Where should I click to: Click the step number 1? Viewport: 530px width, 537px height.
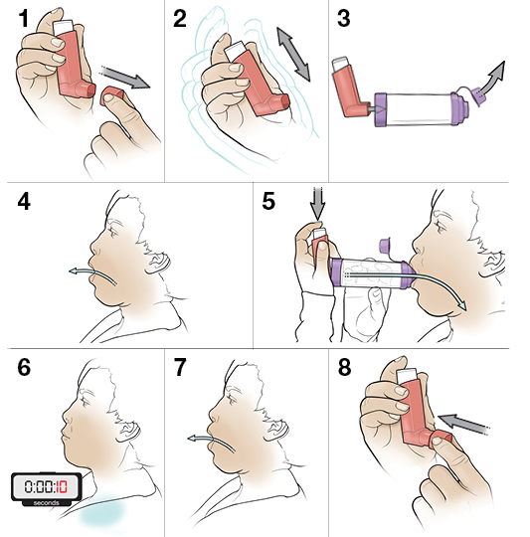coord(24,19)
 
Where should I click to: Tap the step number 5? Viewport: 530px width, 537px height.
coord(268,201)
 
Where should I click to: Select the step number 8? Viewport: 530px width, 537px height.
coord(344,367)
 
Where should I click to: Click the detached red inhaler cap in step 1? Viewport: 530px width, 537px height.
coord(113,95)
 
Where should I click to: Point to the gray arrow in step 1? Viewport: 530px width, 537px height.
coord(124,77)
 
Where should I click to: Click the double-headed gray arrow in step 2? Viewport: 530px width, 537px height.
coord(293,55)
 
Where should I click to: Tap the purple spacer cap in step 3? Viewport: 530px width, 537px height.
coord(478,96)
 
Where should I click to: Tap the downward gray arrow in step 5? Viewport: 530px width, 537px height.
coord(318,204)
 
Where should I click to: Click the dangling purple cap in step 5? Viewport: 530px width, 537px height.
coord(386,245)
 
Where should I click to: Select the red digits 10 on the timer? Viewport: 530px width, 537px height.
coord(62,486)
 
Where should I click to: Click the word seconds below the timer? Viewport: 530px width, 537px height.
coord(47,503)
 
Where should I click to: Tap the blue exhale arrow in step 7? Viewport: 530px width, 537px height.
coord(210,442)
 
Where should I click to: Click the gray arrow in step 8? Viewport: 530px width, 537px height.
coord(464,424)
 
